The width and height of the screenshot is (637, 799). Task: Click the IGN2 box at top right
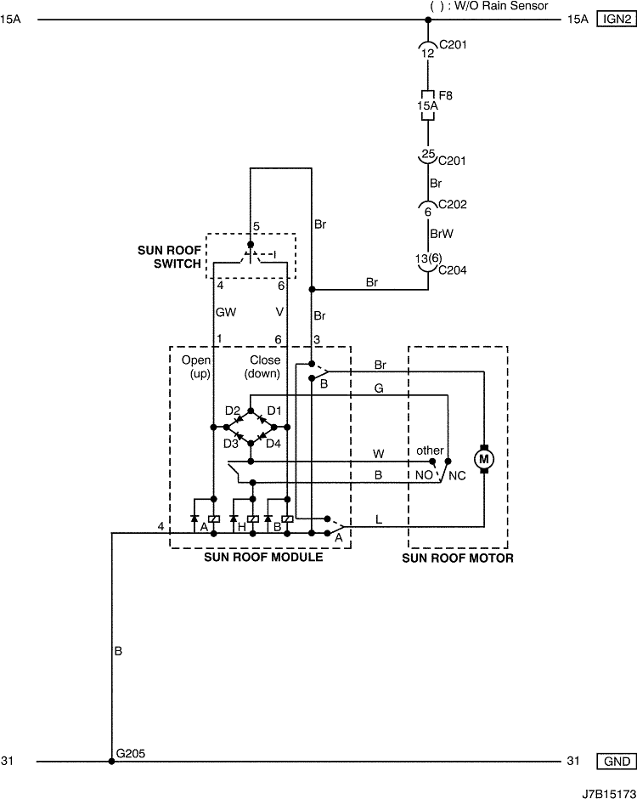click(616, 20)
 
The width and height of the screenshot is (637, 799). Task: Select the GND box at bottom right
click(616, 762)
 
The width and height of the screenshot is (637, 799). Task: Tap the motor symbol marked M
click(484, 459)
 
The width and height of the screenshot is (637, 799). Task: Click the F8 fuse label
click(446, 95)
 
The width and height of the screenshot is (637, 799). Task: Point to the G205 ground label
click(131, 753)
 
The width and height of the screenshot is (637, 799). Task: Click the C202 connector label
click(453, 204)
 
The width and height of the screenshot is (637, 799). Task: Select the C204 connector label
click(453, 270)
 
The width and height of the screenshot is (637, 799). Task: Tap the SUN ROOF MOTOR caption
click(458, 558)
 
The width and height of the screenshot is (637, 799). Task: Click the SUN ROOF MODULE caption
click(264, 557)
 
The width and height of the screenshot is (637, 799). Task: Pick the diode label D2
click(233, 411)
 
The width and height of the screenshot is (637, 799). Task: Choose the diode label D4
click(273, 444)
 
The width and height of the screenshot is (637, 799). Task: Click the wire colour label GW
click(226, 312)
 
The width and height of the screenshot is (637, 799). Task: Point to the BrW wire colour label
click(442, 234)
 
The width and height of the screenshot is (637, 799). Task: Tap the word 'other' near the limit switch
click(431, 450)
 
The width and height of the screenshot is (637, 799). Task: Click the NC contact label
click(457, 476)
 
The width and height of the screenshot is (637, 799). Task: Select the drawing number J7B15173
click(610, 794)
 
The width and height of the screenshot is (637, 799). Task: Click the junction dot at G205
click(111, 762)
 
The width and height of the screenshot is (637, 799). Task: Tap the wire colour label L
click(378, 519)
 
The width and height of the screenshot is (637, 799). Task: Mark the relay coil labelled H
click(252, 518)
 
